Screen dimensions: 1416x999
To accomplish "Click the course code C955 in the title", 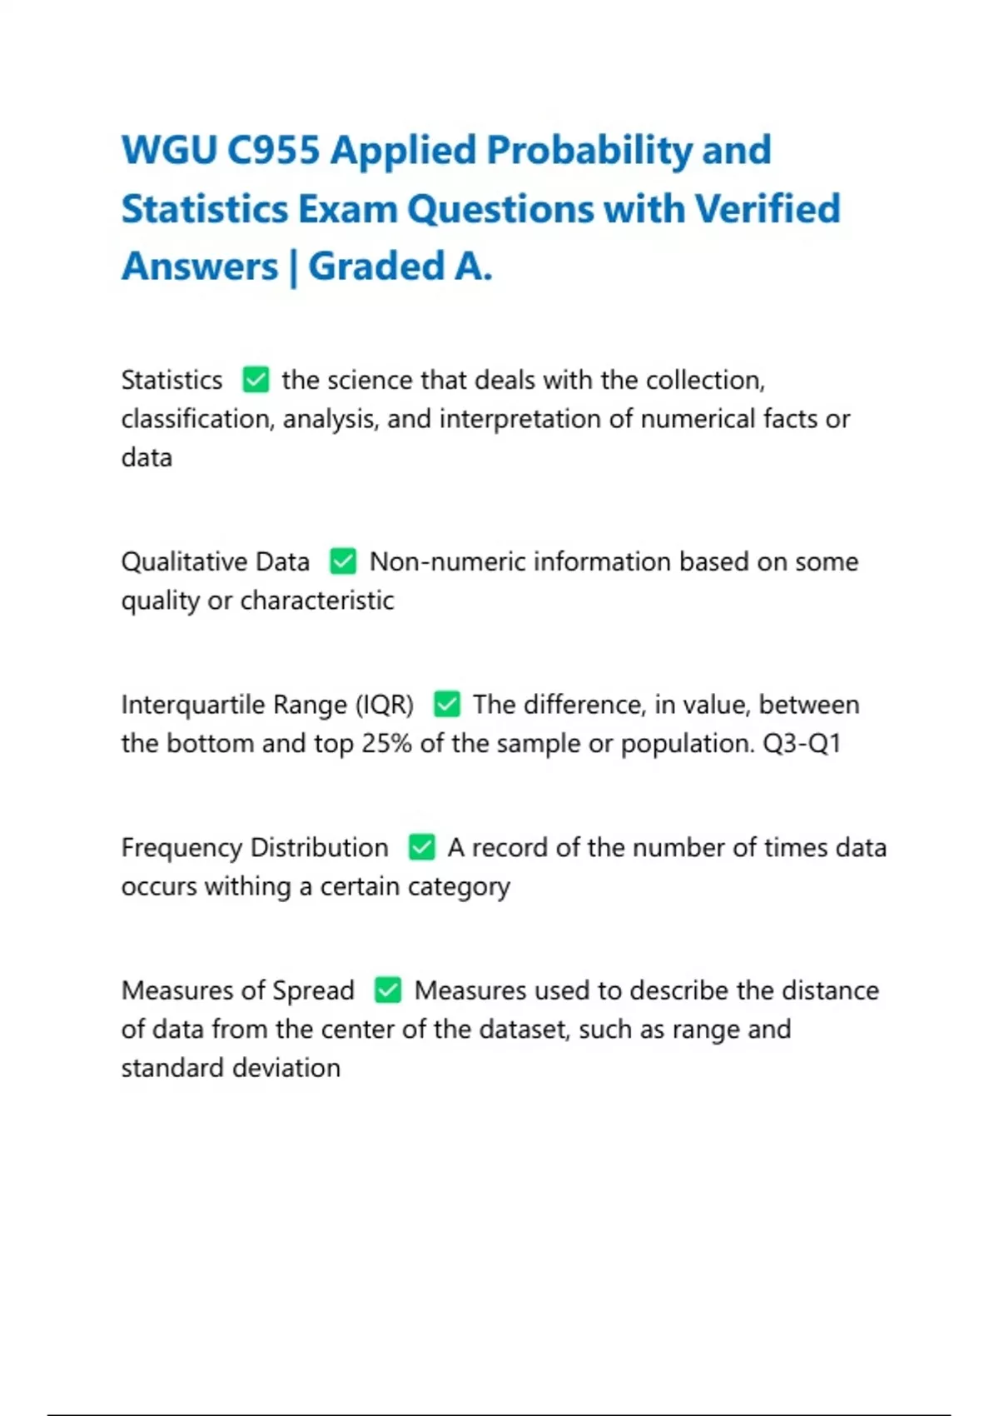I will click(x=274, y=151).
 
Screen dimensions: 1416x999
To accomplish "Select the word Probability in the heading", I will click(x=589, y=151).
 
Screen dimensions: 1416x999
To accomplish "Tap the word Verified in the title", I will click(x=768, y=209).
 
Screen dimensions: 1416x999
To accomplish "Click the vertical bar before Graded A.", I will click(x=293, y=268).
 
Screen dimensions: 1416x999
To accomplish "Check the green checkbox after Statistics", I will click(x=256, y=380).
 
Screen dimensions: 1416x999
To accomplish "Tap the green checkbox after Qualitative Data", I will click(x=343, y=561).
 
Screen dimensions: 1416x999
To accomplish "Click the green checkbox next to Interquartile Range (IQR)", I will click(x=447, y=705).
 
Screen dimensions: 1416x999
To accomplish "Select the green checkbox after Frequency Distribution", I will click(x=422, y=848).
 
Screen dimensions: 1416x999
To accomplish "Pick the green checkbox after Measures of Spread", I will click(x=388, y=990).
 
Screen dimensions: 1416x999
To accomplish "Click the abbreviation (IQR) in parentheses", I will click(x=385, y=705).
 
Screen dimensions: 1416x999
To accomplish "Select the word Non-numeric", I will click(x=447, y=561).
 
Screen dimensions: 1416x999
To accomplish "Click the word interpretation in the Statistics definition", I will click(x=520, y=419).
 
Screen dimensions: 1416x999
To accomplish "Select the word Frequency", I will click(x=181, y=848).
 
